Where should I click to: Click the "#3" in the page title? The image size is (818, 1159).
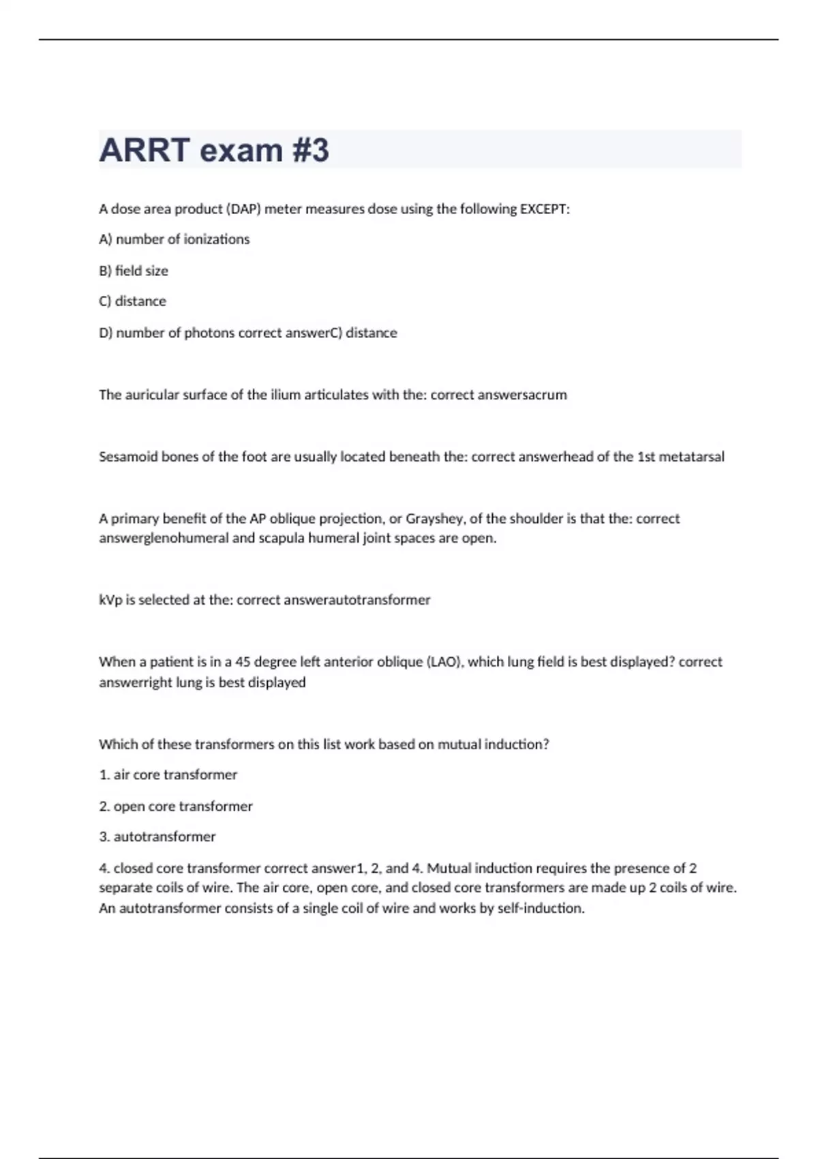tap(311, 150)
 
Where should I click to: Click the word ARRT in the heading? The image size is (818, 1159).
tap(144, 150)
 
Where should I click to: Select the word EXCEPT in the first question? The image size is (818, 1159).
tap(544, 209)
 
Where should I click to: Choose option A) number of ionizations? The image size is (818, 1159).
tap(175, 239)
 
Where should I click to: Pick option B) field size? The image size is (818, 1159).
tap(134, 271)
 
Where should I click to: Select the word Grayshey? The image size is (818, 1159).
tap(434, 519)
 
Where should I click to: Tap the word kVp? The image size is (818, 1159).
tap(110, 600)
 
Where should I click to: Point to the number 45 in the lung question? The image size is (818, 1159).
tap(243, 662)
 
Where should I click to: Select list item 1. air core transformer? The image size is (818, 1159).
tap(168, 774)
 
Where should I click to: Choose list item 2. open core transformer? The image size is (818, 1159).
tap(176, 806)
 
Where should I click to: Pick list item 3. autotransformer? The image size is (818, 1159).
tap(157, 837)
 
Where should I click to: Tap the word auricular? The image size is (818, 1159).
tap(152, 395)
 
